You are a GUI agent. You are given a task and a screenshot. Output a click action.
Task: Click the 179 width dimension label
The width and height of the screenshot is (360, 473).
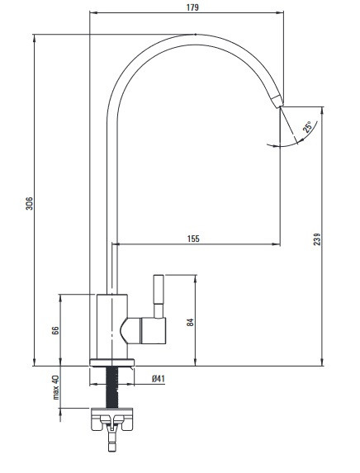coord(192,7)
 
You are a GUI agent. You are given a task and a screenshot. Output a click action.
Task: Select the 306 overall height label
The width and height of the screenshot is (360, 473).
coord(29,203)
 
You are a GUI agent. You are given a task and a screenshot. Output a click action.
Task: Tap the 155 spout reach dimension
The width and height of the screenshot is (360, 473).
coord(193,239)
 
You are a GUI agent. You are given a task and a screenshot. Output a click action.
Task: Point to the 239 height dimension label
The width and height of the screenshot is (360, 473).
coord(317,239)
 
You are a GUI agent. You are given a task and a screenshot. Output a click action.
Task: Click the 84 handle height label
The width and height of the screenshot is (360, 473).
coord(190,322)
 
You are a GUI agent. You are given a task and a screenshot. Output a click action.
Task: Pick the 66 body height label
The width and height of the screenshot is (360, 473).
coord(55,330)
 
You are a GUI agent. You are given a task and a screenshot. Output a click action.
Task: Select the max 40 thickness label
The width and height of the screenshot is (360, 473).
coord(56,387)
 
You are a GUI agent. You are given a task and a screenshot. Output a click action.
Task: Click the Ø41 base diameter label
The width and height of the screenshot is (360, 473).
coord(159,378)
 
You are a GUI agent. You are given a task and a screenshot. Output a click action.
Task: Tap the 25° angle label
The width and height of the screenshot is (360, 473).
coord(308,127)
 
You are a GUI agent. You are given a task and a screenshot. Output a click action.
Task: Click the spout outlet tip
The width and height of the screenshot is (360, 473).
coord(281,106)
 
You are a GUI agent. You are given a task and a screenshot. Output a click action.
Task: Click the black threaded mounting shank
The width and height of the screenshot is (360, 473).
coord(112,387)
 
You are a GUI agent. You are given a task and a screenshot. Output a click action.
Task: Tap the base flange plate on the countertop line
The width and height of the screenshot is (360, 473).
coord(111,362)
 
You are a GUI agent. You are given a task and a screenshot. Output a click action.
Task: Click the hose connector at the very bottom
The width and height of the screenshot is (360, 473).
coord(112,441)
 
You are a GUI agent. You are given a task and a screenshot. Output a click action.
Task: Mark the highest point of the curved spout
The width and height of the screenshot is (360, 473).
coord(195,35)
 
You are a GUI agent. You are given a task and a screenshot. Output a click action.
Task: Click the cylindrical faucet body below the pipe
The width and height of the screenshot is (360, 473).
coord(112,326)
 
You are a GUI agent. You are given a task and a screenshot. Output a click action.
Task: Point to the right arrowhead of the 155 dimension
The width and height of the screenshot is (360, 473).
coord(277,244)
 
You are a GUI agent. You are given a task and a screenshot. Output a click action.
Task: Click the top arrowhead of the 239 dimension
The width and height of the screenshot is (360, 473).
coord(323,111)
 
